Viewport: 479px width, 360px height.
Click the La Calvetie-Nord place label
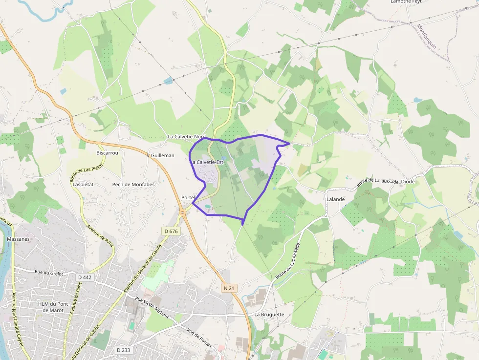click(187, 137)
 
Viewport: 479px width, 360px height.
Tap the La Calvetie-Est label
click(207, 162)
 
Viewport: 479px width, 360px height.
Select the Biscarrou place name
click(107, 153)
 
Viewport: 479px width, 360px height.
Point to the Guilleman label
click(162, 155)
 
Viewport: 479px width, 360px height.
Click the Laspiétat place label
click(83, 185)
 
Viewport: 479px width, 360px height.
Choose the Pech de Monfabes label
click(133, 185)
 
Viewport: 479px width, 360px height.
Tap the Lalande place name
click(336, 199)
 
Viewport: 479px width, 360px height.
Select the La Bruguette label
click(269, 315)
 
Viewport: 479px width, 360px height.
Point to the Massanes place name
click(19, 239)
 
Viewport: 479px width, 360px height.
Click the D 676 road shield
click(171, 231)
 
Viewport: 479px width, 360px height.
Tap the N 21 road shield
click(229, 288)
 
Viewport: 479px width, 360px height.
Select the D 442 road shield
click(84, 277)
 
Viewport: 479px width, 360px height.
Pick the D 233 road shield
click(123, 350)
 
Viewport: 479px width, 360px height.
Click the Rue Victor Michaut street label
click(152, 308)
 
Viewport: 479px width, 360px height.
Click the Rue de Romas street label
click(199, 338)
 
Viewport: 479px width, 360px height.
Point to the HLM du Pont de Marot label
click(50, 307)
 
